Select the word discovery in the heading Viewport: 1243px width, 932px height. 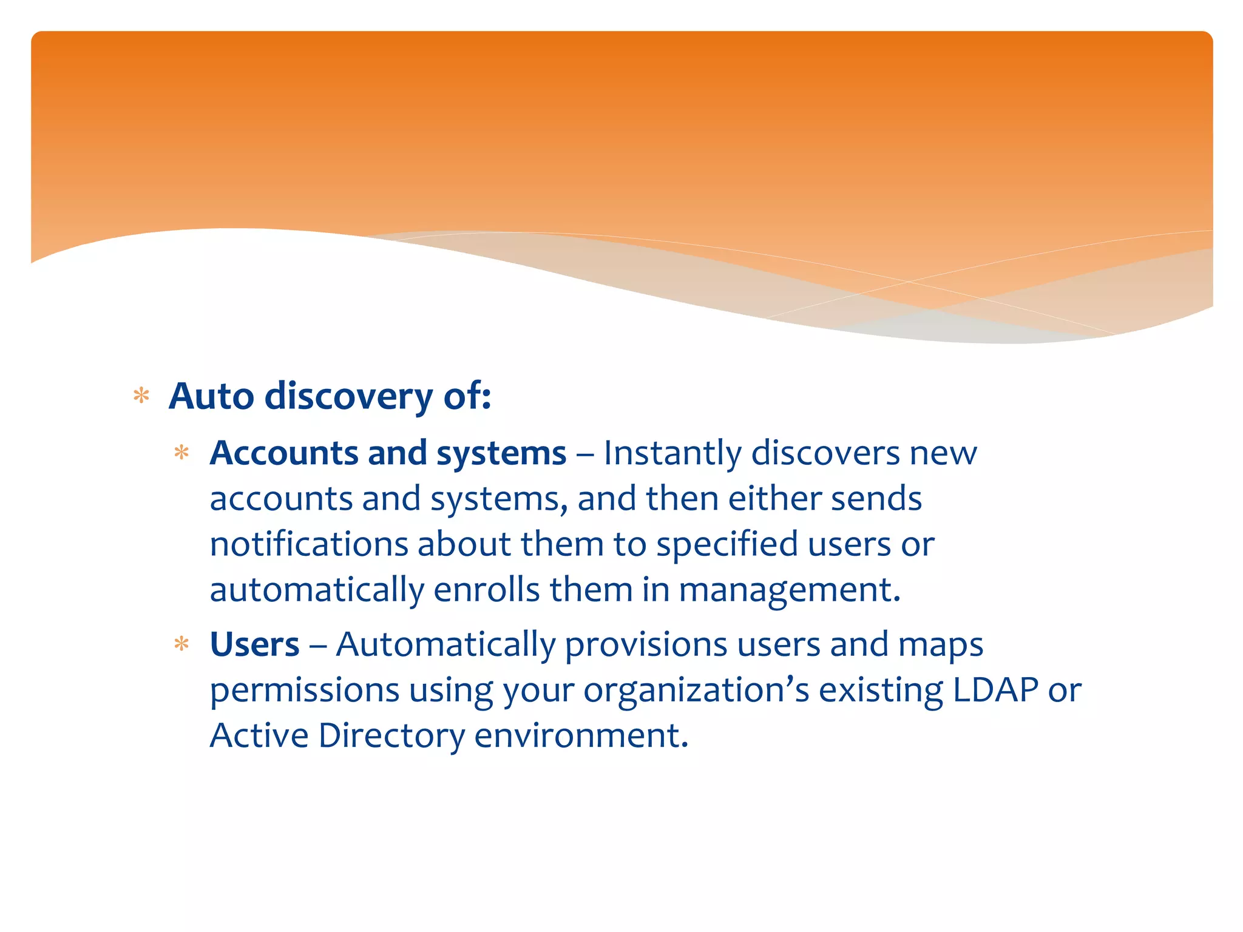[349, 397]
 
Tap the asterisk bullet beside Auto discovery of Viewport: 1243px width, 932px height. [141, 396]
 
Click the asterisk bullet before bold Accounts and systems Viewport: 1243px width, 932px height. [181, 453]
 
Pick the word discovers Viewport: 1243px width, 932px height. [825, 453]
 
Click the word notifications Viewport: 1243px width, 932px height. [308, 544]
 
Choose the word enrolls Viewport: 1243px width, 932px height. [486, 589]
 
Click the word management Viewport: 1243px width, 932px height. [789, 590]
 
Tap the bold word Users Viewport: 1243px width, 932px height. [254, 644]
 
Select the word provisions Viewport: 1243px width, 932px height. [646, 644]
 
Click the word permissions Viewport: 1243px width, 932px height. [305, 691]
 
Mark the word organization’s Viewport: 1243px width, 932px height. [696, 691]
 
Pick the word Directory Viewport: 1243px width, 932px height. [391, 736]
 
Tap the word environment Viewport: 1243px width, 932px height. [581, 735]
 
